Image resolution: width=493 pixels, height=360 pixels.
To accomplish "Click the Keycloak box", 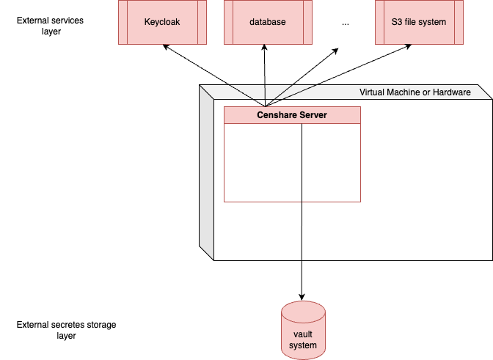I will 162,22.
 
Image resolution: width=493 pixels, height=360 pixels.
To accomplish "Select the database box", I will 267,22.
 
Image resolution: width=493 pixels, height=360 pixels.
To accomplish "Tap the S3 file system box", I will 419,22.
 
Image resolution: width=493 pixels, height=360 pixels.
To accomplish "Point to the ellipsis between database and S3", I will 346,23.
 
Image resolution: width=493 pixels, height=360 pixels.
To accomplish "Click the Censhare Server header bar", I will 292,115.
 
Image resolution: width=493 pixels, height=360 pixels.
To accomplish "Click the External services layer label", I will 50,26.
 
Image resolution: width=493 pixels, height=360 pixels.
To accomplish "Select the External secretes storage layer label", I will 66,330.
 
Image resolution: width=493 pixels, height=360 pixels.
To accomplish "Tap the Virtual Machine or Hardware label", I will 415,92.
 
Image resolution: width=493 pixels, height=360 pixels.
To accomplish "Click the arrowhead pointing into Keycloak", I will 166,48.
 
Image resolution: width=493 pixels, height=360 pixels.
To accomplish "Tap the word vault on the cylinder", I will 303,334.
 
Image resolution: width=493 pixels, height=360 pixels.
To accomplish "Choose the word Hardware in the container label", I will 449,92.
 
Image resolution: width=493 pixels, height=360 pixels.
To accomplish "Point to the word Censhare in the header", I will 275,115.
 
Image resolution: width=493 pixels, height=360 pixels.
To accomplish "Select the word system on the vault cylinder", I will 303,345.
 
